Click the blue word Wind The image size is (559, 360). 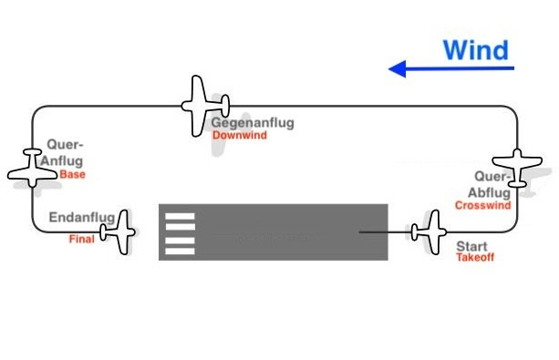(x=475, y=49)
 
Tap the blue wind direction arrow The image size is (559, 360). (x=450, y=68)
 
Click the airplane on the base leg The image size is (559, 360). (x=33, y=168)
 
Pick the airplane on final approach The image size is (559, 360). (x=119, y=232)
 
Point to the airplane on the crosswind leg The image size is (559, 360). (x=517, y=168)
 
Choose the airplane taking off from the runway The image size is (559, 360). (x=426, y=232)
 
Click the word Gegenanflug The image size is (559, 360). (x=253, y=123)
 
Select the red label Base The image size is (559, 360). (x=72, y=174)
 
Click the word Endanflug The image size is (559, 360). (x=82, y=218)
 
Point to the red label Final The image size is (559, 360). (x=81, y=240)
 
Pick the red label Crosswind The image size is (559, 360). (x=481, y=206)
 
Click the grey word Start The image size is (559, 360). (x=471, y=246)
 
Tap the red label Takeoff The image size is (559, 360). (x=474, y=258)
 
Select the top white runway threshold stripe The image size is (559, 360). (x=180, y=216)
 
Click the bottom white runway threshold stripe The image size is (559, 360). (x=180, y=248)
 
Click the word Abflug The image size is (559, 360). (x=488, y=192)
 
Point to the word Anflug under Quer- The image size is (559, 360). (x=62, y=161)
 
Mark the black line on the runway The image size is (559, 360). (x=383, y=232)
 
